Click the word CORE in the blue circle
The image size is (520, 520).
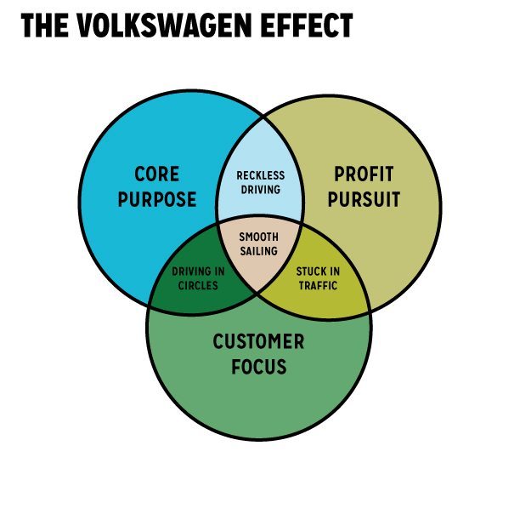click(157, 174)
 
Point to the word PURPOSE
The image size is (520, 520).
click(157, 200)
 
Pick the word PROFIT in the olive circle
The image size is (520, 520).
click(364, 174)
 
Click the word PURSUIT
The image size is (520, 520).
click(364, 200)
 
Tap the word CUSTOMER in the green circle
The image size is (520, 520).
click(258, 342)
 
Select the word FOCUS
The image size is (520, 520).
click(258, 368)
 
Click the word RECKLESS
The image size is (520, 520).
click(260, 176)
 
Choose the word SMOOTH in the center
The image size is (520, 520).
click(258, 237)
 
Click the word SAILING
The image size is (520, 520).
click(258, 250)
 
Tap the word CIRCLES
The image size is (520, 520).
click(198, 285)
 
